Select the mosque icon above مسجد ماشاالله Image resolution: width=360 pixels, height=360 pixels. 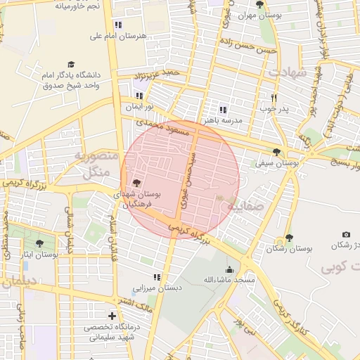[x=229, y=269]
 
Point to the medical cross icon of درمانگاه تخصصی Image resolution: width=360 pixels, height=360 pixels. [x=112, y=316]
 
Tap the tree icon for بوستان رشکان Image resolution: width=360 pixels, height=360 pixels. [x=289, y=238]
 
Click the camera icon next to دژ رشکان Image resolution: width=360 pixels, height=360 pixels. [x=345, y=234]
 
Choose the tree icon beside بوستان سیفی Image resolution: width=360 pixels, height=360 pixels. [x=276, y=152]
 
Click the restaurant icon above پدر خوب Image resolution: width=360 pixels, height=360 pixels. [x=274, y=98]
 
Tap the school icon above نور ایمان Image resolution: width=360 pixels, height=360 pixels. [x=139, y=96]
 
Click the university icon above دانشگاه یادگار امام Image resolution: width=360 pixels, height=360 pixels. [x=70, y=64]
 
